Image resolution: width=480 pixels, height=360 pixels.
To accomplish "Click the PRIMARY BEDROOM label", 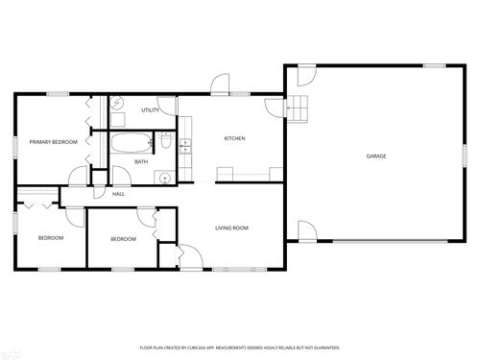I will [x=53, y=142].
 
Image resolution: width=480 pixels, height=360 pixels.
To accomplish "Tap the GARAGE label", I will [x=375, y=156].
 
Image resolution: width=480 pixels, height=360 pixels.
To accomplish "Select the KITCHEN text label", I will [x=234, y=138].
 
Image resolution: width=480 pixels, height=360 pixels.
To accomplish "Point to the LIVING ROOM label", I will [x=231, y=228].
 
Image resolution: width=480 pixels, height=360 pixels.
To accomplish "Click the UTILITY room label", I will [x=150, y=110].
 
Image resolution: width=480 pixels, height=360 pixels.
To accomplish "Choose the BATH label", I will [x=141, y=161].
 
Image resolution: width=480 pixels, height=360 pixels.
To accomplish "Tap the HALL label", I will [x=119, y=194].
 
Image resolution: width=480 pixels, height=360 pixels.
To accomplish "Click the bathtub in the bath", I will [x=131, y=144].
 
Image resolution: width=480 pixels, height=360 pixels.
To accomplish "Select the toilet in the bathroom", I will [x=165, y=145].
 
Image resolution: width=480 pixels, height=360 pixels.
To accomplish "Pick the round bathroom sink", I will [x=165, y=176].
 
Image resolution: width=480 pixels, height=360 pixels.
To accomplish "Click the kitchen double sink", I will [x=184, y=145].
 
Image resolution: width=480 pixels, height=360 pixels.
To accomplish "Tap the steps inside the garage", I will [x=300, y=108].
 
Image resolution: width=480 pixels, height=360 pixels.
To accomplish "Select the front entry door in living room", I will [x=188, y=254].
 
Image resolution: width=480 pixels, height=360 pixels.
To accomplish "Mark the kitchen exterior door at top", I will [x=221, y=85].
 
